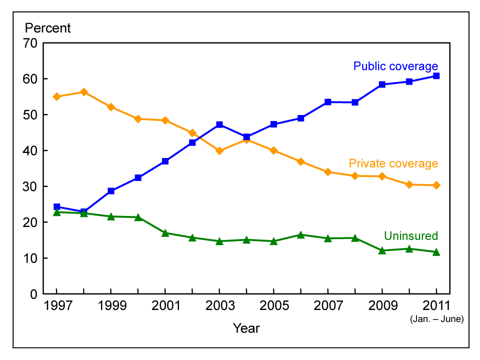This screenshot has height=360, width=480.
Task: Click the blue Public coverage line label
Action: [x=395, y=66]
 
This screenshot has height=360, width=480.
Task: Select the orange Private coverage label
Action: [x=393, y=163]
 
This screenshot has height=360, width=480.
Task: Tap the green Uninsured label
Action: [x=410, y=236]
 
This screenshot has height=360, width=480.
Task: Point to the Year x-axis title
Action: [x=246, y=328]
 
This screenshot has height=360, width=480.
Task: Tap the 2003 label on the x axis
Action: [x=219, y=306]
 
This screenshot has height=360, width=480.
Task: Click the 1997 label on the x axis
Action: [x=56, y=306]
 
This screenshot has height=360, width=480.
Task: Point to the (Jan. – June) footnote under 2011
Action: [x=436, y=318]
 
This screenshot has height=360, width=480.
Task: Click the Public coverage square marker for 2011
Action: [x=436, y=76]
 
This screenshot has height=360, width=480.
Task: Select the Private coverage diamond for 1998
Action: [x=83, y=92]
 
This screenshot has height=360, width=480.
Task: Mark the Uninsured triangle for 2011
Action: [x=436, y=252]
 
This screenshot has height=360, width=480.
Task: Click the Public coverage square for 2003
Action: [x=219, y=124]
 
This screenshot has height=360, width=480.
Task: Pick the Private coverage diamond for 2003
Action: [x=219, y=150]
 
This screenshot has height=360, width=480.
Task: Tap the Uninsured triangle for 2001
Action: [x=165, y=233]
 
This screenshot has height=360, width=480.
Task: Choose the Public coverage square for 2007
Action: [x=327, y=102]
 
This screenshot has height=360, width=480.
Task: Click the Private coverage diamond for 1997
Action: [x=56, y=96]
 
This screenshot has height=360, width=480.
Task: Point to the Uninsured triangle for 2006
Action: [x=300, y=234]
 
